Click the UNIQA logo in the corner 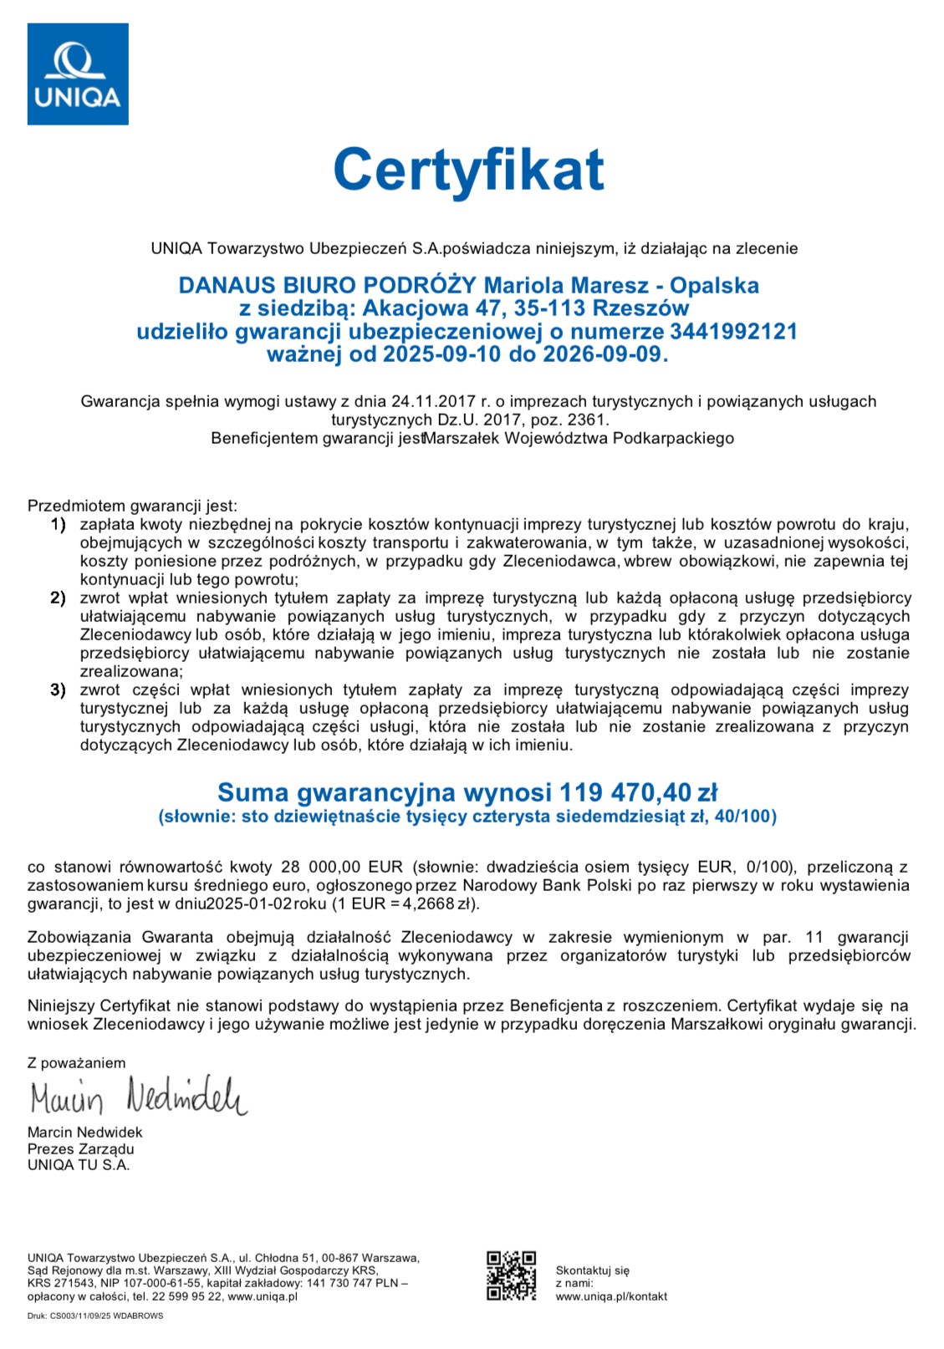[x=78, y=74]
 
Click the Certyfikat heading [x=468, y=170]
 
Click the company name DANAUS [x=225, y=285]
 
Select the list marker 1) [x=58, y=525]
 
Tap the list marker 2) [x=58, y=598]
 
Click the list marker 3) [x=58, y=690]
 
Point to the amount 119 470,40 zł [x=639, y=792]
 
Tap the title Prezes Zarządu [x=81, y=1148]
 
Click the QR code [x=512, y=1275]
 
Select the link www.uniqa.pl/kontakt [x=611, y=1296]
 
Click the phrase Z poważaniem [x=76, y=1063]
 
